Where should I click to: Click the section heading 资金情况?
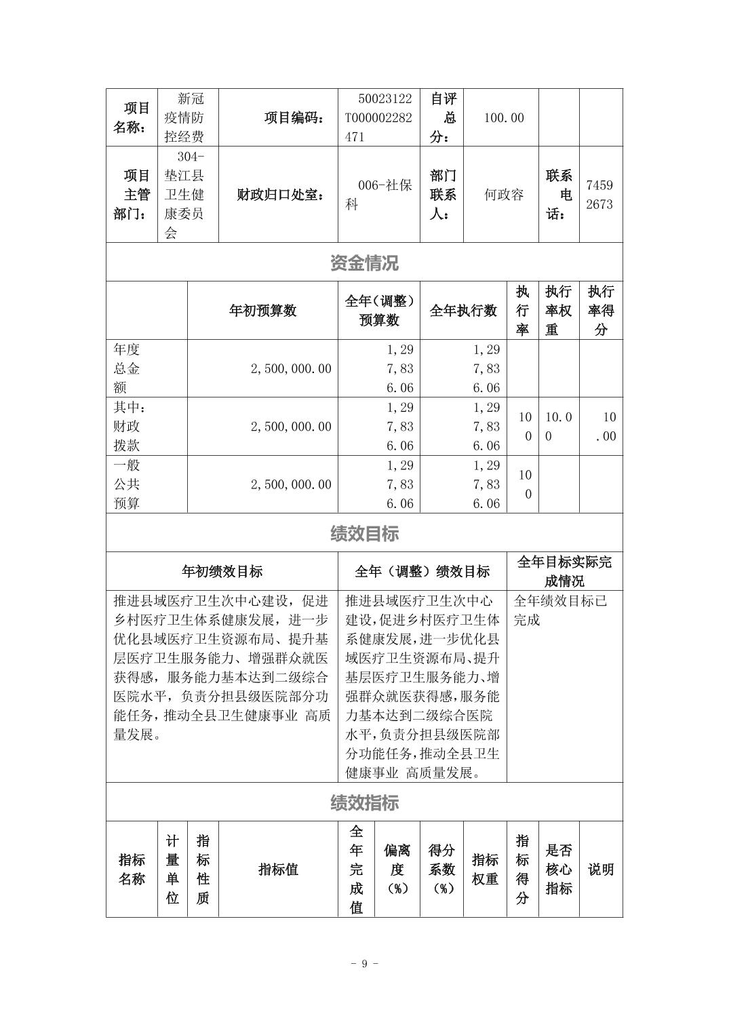coord(364,262)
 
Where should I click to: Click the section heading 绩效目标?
coord(364,533)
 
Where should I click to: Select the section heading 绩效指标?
coord(364,802)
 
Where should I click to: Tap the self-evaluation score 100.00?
coord(503,118)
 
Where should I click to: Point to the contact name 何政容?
coord(503,195)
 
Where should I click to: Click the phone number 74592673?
coord(599,195)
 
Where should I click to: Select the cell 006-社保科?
coord(379,195)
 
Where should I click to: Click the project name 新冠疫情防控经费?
coord(184,118)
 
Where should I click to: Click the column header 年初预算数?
coord(262,311)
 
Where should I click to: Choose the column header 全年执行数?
coord(463,311)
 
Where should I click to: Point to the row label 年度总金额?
coord(127,368)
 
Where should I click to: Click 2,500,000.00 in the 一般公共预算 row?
coord(291,484)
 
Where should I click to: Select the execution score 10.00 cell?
coord(601,426)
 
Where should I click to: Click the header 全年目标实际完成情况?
coord(564,571)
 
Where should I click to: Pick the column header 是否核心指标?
coord(559,869)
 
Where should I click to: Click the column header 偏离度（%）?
coord(397,869)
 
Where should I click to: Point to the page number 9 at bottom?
coord(364,964)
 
